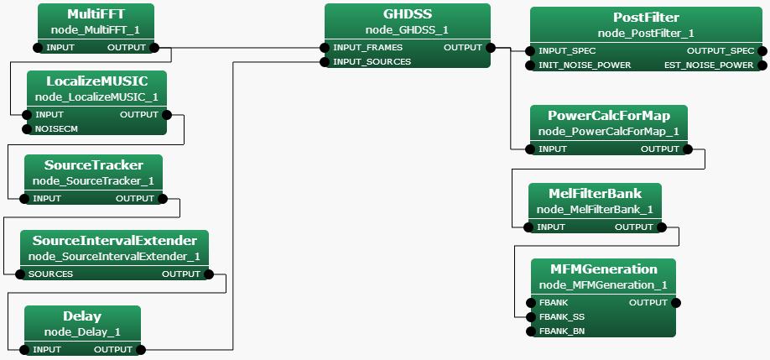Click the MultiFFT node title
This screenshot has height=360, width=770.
click(96, 15)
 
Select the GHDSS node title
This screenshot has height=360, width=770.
click(407, 15)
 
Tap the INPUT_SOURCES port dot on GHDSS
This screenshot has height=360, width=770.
click(325, 61)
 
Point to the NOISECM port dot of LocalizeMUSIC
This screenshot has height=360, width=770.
click(27, 128)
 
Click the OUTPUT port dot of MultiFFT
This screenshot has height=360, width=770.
click(154, 48)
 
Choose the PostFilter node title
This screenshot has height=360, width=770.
click(646, 18)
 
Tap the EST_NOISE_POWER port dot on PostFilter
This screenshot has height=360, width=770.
click(762, 65)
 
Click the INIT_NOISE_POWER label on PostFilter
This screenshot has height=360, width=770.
click(585, 65)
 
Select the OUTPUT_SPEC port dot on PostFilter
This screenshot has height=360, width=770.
click(762, 50)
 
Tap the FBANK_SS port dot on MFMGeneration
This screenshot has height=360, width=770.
click(530, 316)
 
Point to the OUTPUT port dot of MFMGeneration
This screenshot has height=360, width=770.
click(676, 302)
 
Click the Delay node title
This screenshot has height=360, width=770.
click(82, 316)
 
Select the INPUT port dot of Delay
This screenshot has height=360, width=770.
click(24, 349)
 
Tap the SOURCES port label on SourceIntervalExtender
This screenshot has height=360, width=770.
click(50, 274)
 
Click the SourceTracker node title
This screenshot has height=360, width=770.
click(93, 165)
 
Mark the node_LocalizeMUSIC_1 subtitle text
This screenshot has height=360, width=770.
click(96, 97)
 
